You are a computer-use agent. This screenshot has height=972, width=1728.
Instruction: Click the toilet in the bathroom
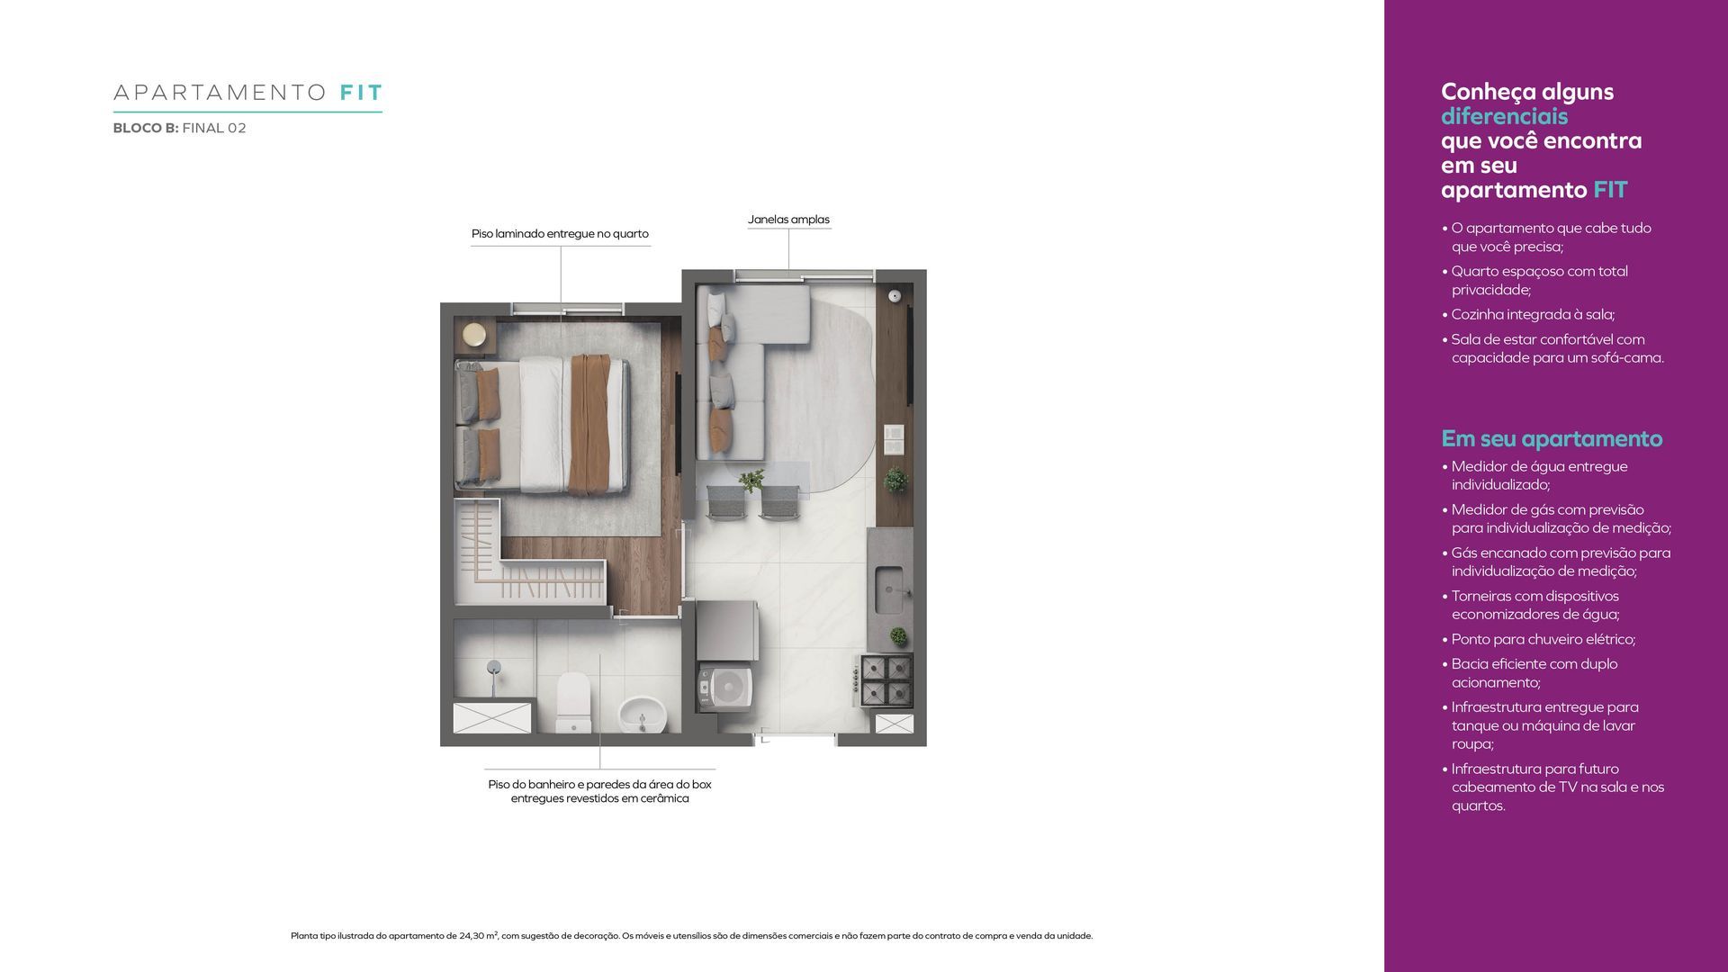(573, 703)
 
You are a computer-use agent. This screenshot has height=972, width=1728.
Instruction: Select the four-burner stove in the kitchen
(886, 679)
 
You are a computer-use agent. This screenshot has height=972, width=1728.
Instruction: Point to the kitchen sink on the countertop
(889, 587)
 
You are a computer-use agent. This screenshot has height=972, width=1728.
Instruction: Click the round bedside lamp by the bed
(474, 336)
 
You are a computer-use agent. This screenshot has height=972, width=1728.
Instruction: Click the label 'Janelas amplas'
(788, 220)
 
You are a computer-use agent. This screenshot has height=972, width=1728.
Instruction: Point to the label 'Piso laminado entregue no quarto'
(560, 234)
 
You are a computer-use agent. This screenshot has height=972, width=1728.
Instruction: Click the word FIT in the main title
(362, 93)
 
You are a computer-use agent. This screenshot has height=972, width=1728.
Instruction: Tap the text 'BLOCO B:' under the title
(146, 128)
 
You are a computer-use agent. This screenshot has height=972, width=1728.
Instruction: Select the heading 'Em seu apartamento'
(1552, 439)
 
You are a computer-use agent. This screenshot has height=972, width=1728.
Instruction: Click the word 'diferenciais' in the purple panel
(1504, 116)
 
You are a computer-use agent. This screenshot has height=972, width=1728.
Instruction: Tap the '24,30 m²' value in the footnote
(478, 936)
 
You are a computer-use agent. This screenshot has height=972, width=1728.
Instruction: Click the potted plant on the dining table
(751, 481)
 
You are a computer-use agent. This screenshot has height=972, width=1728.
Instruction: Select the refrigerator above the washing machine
(726, 631)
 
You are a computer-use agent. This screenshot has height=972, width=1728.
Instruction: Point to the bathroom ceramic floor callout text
(599, 791)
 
